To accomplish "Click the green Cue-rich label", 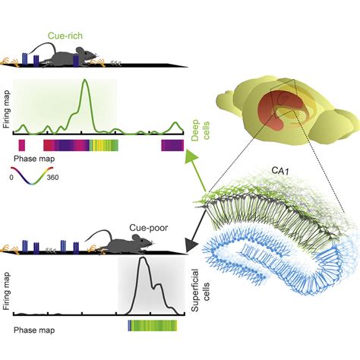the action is (x=65, y=36).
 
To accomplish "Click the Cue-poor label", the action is (x=149, y=228).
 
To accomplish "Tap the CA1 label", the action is (x=280, y=171).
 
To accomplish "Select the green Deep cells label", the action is (x=201, y=130).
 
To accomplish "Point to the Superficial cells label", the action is (x=201, y=291).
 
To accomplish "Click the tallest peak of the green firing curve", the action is (x=85, y=80).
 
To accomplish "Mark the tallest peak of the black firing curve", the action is (x=143, y=258).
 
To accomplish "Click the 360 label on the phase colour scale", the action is (x=52, y=177).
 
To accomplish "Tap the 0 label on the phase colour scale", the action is (x=11, y=178).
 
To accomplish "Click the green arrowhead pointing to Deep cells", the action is (x=191, y=156).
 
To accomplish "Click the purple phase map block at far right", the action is (x=172, y=145).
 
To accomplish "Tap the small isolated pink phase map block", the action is (x=22, y=145).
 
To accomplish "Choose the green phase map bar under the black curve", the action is (x=153, y=326).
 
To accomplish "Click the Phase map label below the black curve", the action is (x=34, y=330).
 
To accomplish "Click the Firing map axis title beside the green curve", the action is (x=6, y=109).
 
